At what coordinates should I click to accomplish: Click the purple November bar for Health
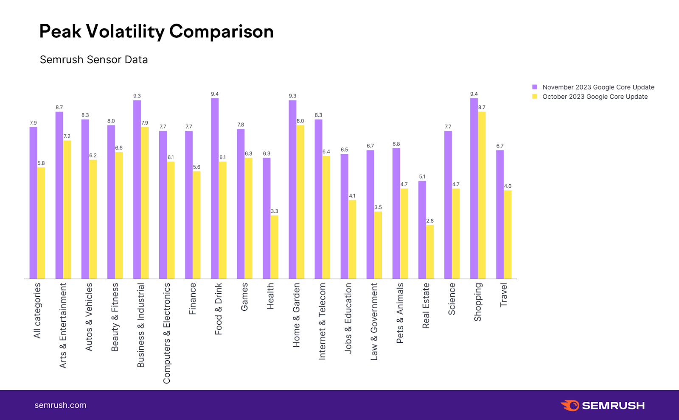pyautogui.click(x=267, y=218)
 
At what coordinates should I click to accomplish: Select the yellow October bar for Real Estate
pyautogui.click(x=430, y=252)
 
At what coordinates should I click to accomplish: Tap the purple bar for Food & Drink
pyautogui.click(x=215, y=189)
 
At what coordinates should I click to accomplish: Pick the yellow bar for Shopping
pyautogui.click(x=482, y=195)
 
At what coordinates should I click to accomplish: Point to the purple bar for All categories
pyautogui.click(x=33, y=203)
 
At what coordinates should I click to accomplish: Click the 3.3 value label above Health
pyautogui.click(x=275, y=211)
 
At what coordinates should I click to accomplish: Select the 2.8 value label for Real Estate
pyautogui.click(x=430, y=221)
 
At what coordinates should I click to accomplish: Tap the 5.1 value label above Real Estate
pyautogui.click(x=422, y=177)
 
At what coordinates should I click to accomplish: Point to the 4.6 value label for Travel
pyautogui.click(x=508, y=186)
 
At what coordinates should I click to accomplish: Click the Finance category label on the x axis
pyautogui.click(x=193, y=299)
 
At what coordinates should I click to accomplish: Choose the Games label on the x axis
pyautogui.click(x=244, y=297)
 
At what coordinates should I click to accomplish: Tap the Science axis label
pyautogui.click(x=452, y=299)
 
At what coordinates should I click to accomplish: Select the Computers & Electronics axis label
pyautogui.click(x=167, y=333)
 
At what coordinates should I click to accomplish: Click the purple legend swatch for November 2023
pyautogui.click(x=535, y=87)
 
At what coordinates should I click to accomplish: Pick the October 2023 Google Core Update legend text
pyautogui.click(x=595, y=97)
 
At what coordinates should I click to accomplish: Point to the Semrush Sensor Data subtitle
pyautogui.click(x=94, y=60)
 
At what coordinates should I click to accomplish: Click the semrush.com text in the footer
pyautogui.click(x=60, y=405)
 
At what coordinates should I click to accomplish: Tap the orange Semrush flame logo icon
pyautogui.click(x=570, y=405)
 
